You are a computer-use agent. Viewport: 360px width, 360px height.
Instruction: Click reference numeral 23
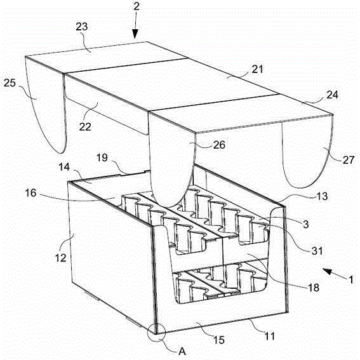(x=82, y=27)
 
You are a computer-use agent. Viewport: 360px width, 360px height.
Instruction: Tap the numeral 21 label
(x=258, y=69)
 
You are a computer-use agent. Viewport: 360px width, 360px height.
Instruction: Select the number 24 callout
(x=332, y=95)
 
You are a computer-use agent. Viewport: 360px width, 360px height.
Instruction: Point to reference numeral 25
(x=10, y=83)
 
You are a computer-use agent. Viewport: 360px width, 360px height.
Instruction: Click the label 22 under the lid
(x=85, y=126)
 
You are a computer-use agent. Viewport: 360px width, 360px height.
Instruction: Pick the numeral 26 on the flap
(x=219, y=145)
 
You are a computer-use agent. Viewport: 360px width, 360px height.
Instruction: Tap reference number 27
(x=349, y=160)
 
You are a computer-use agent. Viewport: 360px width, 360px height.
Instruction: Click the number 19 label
(x=102, y=157)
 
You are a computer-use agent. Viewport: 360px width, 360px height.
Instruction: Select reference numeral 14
(x=64, y=167)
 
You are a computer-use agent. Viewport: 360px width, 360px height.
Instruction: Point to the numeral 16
(x=30, y=193)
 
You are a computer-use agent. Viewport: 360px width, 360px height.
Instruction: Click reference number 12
(x=61, y=258)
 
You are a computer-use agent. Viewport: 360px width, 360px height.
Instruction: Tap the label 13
(x=322, y=196)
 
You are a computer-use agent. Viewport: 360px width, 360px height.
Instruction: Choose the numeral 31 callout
(x=317, y=251)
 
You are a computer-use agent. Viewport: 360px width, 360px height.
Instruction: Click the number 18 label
(x=314, y=287)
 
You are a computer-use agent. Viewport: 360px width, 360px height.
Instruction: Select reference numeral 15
(x=219, y=340)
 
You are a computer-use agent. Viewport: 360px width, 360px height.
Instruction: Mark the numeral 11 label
(x=270, y=337)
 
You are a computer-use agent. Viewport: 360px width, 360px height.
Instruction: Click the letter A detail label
(x=182, y=351)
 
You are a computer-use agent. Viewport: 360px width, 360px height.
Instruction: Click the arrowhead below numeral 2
(x=135, y=34)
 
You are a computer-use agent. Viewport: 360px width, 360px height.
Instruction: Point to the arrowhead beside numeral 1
(x=328, y=271)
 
